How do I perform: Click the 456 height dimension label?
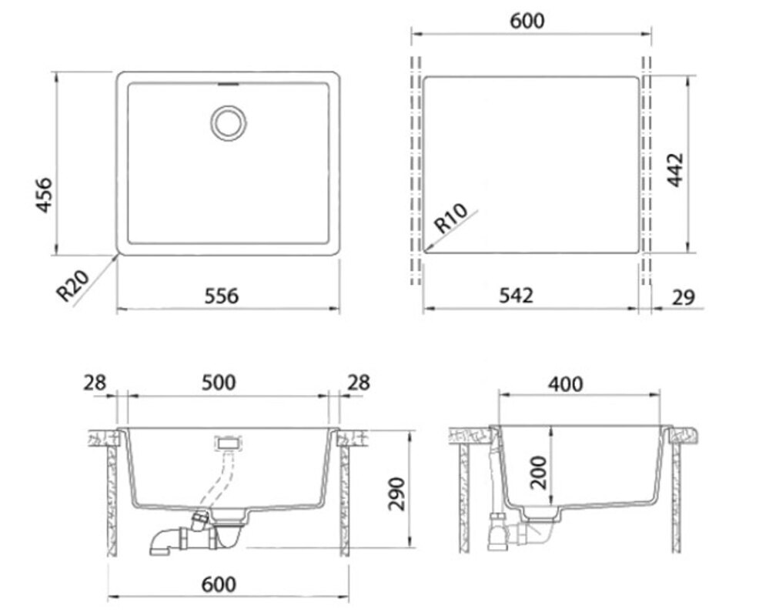pos(45,195)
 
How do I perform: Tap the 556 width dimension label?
pos(221,296)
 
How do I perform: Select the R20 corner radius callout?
pos(72,286)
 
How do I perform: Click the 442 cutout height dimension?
pos(675,170)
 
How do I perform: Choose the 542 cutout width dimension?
pos(516,295)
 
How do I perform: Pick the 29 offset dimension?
pos(684,296)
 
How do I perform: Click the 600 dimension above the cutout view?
pos(527,21)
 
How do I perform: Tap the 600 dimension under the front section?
pos(219,584)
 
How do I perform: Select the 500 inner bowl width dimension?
pos(219,383)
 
